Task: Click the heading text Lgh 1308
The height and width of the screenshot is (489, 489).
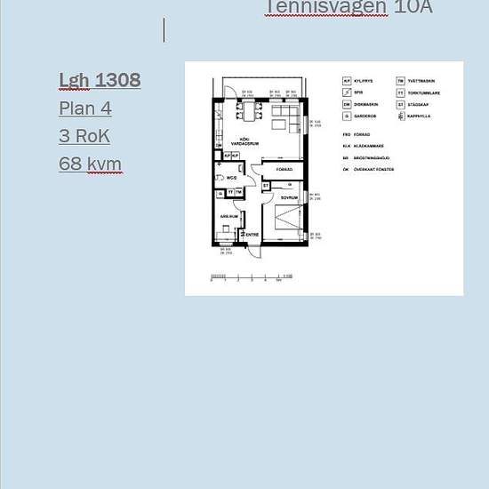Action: [x=100, y=80]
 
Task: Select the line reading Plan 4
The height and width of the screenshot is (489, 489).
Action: [x=85, y=108]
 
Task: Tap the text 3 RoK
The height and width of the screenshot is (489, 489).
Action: [x=86, y=136]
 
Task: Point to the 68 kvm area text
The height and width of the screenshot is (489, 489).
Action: [x=90, y=164]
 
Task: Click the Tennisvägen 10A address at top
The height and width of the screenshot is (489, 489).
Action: [x=349, y=7]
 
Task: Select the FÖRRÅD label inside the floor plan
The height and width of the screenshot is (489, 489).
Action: [x=285, y=168]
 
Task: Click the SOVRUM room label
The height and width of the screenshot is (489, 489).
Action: [x=288, y=197]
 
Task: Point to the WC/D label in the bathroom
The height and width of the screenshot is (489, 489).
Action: [x=231, y=178]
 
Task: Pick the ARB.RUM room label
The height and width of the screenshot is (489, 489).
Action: [x=228, y=216]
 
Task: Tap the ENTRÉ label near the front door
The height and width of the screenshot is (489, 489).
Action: [x=252, y=235]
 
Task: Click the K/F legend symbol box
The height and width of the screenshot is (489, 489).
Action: [x=347, y=81]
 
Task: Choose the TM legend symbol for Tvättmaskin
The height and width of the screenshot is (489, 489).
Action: [x=401, y=81]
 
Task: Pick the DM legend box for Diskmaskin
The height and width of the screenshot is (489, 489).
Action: [x=347, y=104]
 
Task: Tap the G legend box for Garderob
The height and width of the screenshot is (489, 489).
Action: [x=347, y=116]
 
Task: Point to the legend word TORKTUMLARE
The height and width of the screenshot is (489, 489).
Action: [x=424, y=92]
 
